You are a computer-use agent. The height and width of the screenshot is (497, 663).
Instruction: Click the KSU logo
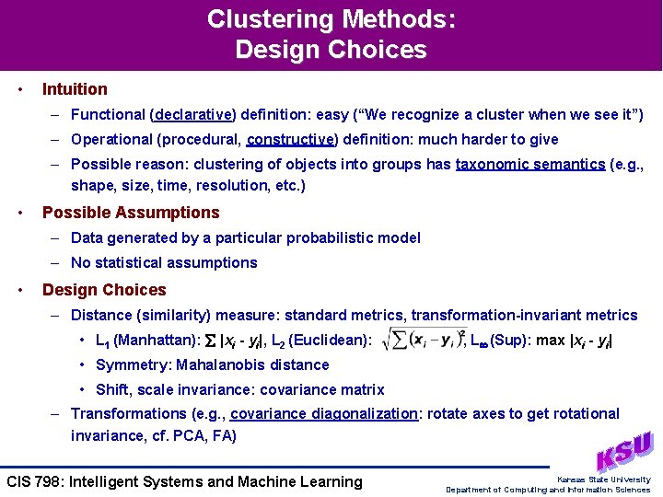pos(624,451)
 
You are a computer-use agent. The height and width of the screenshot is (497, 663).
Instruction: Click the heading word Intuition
pos(75,89)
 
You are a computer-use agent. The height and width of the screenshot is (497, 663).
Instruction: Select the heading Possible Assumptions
pos(131,213)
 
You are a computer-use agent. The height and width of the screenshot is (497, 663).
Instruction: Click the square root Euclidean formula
pos(422,339)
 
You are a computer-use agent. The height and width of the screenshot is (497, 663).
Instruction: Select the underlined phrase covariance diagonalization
pos(324,414)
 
